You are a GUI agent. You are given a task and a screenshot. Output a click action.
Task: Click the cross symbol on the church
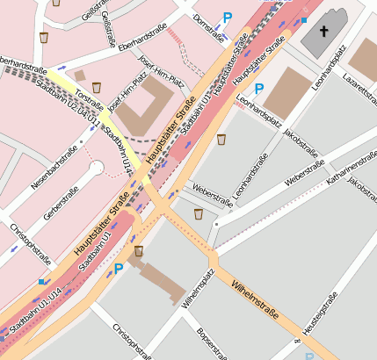click(323, 31)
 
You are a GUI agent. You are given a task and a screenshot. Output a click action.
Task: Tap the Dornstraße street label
click(208, 26)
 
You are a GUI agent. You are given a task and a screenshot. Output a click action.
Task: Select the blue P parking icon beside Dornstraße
click(228, 17)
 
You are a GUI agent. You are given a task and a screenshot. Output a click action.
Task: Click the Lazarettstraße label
click(360, 87)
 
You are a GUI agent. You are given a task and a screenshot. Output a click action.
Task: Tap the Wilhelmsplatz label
click(197, 291)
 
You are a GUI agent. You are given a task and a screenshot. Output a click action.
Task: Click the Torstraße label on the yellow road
click(89, 97)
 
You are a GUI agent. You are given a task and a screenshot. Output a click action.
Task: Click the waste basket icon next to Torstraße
click(98, 86)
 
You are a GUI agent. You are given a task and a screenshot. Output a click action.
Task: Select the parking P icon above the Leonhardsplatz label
click(258, 89)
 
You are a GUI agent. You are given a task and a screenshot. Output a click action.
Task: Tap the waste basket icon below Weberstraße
click(199, 213)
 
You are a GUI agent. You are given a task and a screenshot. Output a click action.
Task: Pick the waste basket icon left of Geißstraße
click(44, 38)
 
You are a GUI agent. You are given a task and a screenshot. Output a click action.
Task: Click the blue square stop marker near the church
click(304, 19)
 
